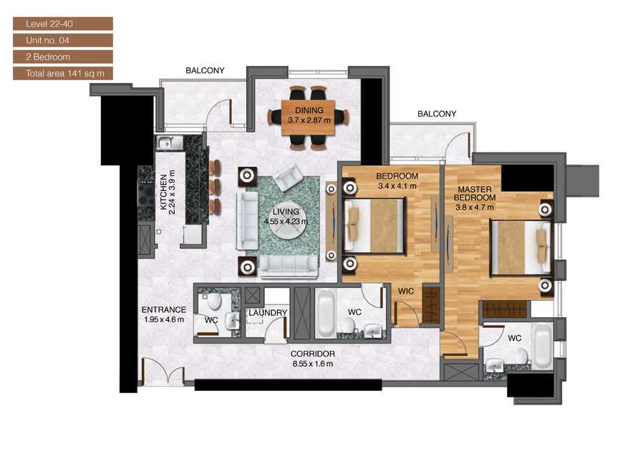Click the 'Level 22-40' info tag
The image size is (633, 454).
62,24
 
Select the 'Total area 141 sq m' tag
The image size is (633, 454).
62,73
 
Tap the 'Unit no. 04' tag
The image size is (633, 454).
62,40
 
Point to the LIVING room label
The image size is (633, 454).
286,212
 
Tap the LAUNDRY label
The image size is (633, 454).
267,313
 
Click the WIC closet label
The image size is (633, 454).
407,292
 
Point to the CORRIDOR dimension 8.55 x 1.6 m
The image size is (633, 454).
312,364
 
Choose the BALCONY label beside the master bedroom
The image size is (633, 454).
437,114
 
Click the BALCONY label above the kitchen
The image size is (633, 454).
205,71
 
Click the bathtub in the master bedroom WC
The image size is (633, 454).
542,345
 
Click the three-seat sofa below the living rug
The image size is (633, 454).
289,266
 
